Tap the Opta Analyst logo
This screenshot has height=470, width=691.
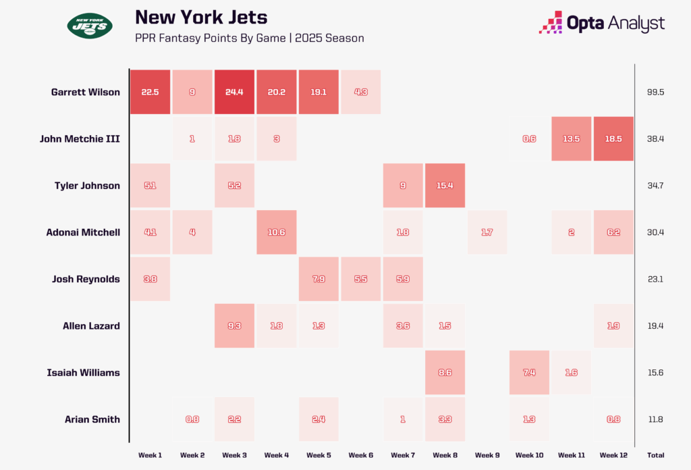601,23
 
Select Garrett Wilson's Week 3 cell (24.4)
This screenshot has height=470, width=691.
234,92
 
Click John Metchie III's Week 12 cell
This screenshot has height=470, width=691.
613,138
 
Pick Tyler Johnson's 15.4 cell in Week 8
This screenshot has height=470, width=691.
445,185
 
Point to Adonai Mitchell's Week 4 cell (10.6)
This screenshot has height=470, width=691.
277,232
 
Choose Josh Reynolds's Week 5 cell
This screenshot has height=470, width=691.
319,279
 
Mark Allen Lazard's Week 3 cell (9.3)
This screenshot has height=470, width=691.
234,325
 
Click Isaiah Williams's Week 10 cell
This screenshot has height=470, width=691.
528,372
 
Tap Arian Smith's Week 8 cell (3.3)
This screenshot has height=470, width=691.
445,419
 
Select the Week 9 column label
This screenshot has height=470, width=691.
487,455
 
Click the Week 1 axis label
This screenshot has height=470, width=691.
150,455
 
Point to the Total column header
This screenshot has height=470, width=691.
655,455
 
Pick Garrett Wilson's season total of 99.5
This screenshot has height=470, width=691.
655,92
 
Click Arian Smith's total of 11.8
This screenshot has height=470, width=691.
655,419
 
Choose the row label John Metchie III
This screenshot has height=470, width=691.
80,138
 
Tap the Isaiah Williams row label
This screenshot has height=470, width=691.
84,372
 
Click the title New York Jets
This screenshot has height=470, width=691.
200,17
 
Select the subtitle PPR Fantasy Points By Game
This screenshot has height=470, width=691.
249,38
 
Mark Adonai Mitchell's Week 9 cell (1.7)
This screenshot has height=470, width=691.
487,232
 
